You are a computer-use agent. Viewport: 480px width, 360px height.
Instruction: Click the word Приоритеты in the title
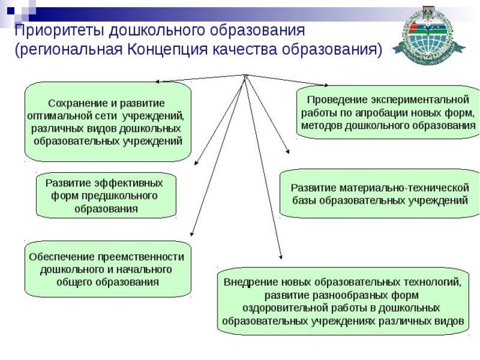tap(59, 31)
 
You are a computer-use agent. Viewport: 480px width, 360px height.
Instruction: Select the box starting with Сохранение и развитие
tap(108, 122)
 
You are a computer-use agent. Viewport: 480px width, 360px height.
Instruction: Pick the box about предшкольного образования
tap(106, 195)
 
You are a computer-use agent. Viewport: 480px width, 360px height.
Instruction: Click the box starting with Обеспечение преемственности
tap(107, 269)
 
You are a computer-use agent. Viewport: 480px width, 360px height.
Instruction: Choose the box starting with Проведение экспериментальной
tap(388, 112)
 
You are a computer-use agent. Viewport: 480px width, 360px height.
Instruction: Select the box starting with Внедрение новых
tap(342, 301)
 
